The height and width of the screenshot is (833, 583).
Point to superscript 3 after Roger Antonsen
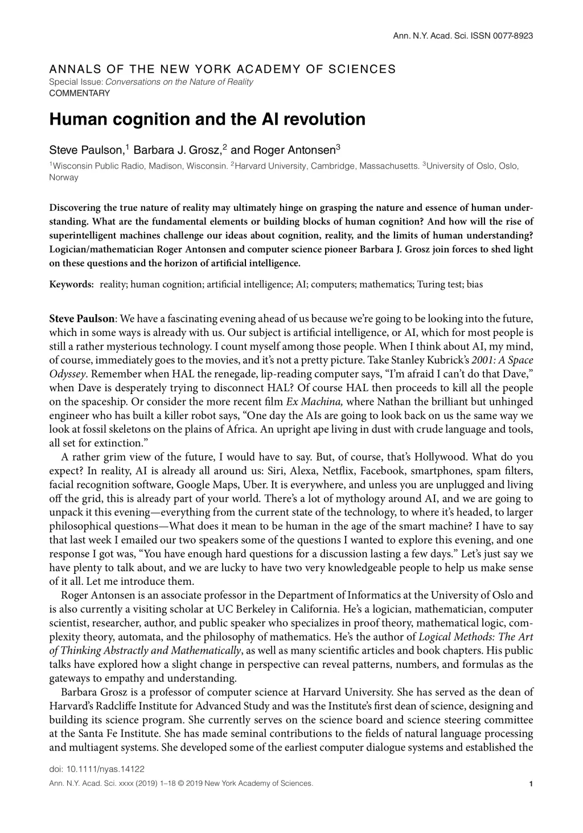338,148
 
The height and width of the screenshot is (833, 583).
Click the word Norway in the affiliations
64,177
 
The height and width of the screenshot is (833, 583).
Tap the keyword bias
474,284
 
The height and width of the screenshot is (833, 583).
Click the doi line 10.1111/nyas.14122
97,768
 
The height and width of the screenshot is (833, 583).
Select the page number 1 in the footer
531,784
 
